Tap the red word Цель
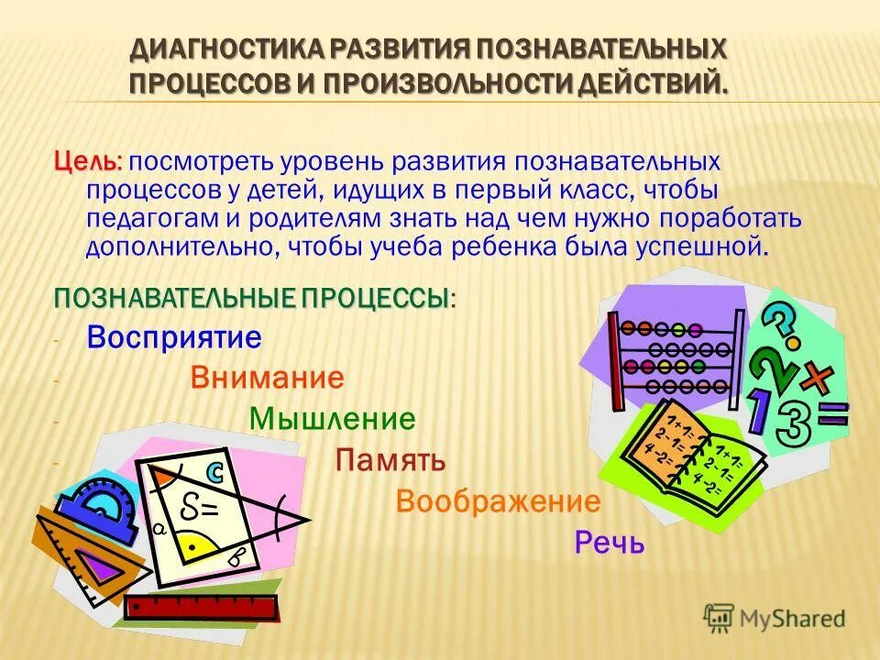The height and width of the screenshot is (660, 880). (84, 161)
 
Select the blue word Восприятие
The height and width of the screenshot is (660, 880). (174, 337)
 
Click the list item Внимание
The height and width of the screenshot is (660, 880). (268, 378)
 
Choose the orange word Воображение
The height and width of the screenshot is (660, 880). (498, 501)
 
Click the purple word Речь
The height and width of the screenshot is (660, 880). (610, 543)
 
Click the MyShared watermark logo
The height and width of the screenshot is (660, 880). (775, 618)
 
